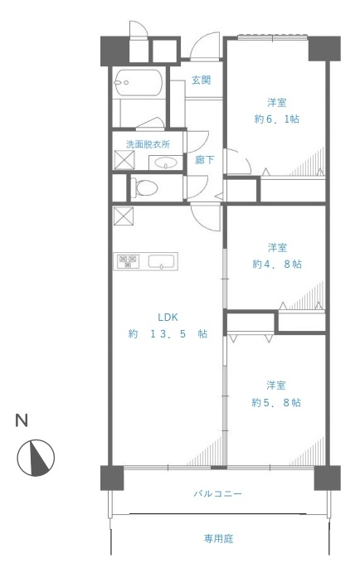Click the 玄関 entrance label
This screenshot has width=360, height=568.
pos(202,80)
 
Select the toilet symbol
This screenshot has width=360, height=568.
pos(144,188)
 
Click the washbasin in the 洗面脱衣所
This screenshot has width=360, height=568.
pos(166,163)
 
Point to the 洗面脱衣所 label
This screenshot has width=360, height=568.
pos(148,144)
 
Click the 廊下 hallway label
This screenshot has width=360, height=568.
pos(204,160)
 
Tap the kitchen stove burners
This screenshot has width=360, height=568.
pos(127,261)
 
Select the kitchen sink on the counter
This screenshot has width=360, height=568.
pos(162,261)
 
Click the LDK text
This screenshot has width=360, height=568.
pos(168,318)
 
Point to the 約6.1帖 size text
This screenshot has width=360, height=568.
pos(277,119)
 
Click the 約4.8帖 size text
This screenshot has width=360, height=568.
pos(277,264)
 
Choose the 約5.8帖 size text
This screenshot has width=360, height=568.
pos(276,402)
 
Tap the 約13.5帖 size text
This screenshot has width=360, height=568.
pos(168,333)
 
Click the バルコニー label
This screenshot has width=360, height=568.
pos(217,493)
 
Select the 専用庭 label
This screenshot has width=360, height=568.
pos(218,539)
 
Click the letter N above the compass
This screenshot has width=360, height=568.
pos(22,420)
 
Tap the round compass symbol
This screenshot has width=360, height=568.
pos(36,458)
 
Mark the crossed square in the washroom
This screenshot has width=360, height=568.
pos(124,160)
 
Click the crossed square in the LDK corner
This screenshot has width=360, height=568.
pos(124,216)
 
